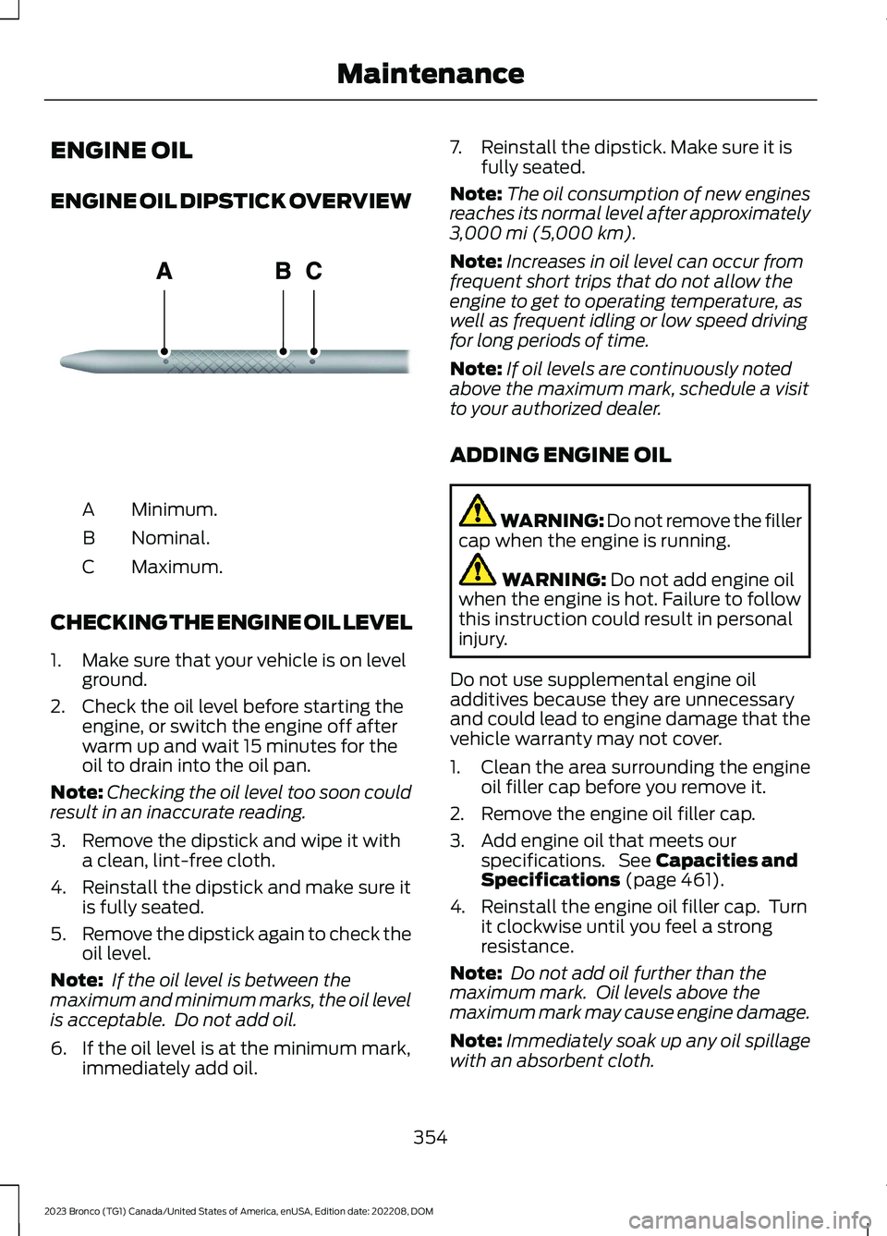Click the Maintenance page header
tap(430, 74)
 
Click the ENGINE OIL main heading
tap(121, 151)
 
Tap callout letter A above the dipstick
tap(164, 271)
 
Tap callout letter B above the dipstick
tap(283, 271)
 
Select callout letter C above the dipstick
tap(314, 271)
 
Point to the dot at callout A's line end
tap(164, 351)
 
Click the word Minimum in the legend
tap(174, 509)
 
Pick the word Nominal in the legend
tap(170, 538)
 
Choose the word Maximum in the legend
tap(176, 567)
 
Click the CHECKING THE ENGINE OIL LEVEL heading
tap(231, 623)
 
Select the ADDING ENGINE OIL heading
tap(560, 455)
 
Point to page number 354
tap(430, 1137)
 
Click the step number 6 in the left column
tap(58, 1048)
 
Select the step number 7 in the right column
tap(456, 147)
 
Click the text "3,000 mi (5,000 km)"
tap(542, 233)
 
